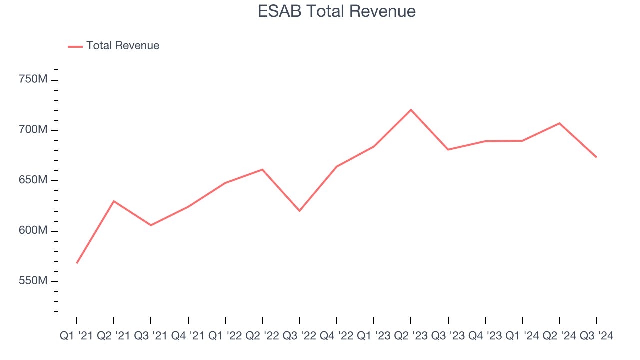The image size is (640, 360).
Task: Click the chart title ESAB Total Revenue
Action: point(336,11)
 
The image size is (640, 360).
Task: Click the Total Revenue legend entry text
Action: point(122,46)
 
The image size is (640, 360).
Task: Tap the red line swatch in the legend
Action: point(75,46)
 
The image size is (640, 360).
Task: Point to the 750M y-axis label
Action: point(33,79)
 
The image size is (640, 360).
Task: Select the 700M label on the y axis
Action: point(33,130)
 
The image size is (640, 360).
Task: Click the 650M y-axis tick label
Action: point(33,180)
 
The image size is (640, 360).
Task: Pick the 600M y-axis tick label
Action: point(33,231)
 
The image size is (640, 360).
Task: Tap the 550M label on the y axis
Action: point(33,281)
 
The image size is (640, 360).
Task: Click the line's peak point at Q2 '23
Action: point(411,110)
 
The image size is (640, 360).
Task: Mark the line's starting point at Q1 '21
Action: point(77,263)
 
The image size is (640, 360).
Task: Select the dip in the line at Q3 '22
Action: point(299,211)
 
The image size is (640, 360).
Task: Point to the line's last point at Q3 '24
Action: point(596,157)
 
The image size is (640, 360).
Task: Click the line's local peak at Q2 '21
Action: point(114,201)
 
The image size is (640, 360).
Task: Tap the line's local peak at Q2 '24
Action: point(559,123)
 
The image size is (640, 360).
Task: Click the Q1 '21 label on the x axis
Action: point(76,336)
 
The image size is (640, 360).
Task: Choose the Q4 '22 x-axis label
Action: point(336,336)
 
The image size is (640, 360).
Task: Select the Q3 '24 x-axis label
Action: point(596,336)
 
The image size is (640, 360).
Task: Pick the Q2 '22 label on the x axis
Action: point(262,336)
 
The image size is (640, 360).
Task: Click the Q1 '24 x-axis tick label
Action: point(522,336)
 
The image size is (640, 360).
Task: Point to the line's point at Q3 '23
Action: point(448,149)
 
